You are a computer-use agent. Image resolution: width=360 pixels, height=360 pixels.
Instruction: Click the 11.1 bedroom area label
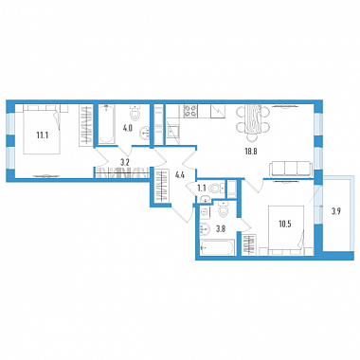coord(42,135)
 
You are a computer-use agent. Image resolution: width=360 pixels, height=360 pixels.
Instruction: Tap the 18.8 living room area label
coord(251,152)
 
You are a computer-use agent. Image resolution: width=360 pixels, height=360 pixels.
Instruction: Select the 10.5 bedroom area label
coord(285,225)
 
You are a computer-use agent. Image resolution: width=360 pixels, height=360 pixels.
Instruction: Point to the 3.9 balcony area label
coord(335,211)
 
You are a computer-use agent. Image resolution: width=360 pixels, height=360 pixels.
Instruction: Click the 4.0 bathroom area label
coord(127,129)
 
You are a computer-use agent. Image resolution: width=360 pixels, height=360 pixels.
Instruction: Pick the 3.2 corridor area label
coord(124,163)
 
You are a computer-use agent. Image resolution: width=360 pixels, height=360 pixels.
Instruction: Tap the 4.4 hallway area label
coord(179,175)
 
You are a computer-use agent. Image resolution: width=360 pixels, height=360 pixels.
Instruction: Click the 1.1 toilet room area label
coord(202,189)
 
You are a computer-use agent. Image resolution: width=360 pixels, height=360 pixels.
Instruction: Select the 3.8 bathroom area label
coord(220,228)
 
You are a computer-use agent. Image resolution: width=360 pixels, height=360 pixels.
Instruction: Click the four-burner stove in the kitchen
coord(190,111)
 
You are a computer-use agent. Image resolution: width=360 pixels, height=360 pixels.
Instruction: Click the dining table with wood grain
coord(253,120)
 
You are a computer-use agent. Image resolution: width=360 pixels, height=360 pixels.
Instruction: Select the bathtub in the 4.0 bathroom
coord(107,125)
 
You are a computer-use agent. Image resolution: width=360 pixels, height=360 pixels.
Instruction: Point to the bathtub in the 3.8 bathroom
coord(217,247)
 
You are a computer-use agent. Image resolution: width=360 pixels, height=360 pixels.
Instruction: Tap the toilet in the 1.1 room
coord(217,189)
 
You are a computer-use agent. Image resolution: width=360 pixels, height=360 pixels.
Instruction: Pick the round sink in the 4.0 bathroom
coord(146,133)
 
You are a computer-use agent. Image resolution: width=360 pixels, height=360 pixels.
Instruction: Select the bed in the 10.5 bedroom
coord(286,230)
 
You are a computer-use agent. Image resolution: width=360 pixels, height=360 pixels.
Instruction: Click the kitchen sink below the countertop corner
coord(173,132)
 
